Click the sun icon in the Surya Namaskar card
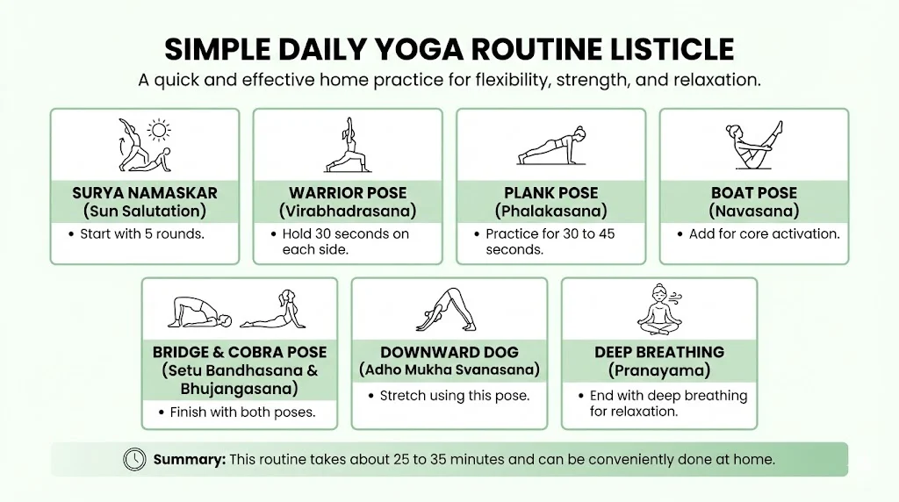click(159, 132)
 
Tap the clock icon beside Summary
click(134, 459)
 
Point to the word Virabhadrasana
click(348, 212)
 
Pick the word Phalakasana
click(550, 212)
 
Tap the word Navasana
click(753, 212)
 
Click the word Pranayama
click(658, 370)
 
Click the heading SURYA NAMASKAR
click(145, 192)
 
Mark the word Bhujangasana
click(239, 389)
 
